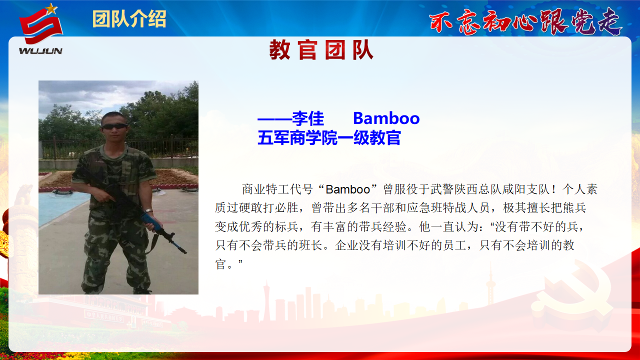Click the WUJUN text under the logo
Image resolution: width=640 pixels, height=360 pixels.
click(40, 51)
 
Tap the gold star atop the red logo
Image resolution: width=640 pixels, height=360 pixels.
click(51, 8)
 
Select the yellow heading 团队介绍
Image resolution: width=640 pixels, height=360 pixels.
click(129, 19)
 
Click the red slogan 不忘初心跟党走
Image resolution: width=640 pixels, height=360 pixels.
click(525, 21)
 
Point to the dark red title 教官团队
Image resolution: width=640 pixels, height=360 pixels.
click(321, 49)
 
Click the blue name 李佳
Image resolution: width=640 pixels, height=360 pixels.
click(308, 118)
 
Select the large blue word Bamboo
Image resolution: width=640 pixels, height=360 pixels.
click(386, 118)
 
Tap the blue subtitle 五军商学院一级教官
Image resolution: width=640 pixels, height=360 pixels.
click(329, 137)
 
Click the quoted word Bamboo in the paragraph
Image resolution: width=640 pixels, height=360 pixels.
click(347, 189)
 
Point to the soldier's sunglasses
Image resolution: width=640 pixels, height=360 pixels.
click(114, 126)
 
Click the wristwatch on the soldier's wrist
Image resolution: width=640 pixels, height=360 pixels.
click(148, 211)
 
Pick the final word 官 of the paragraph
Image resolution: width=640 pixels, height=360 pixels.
click(220, 263)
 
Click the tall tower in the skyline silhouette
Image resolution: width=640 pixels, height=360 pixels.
click(490, 283)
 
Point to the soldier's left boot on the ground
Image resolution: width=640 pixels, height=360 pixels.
click(141, 291)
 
